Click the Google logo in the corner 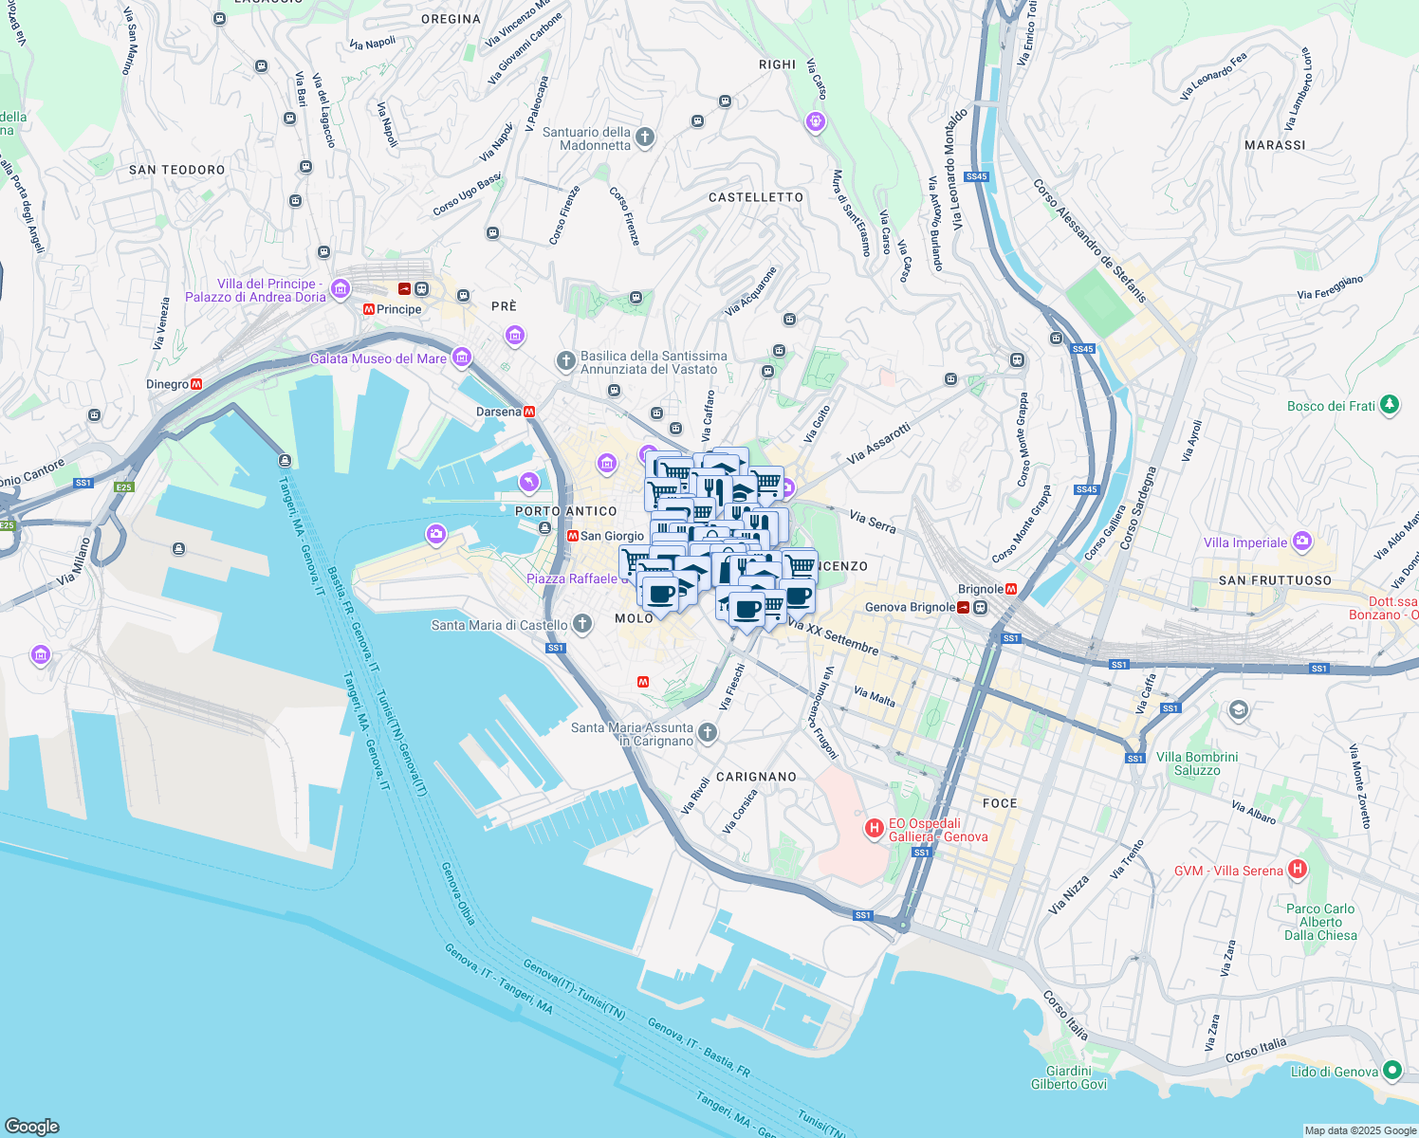click(32, 1126)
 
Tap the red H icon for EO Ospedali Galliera click(874, 829)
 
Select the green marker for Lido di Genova click(1391, 1071)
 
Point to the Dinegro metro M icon click(196, 384)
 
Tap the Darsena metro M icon click(529, 412)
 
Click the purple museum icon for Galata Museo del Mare click(462, 358)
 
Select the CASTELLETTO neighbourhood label click(756, 197)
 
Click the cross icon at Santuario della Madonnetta click(645, 138)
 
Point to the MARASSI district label click(1275, 145)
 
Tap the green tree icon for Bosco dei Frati click(1390, 405)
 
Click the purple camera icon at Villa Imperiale click(1302, 541)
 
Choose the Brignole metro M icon click(1011, 589)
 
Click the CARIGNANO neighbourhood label click(756, 777)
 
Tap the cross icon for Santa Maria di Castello click(582, 624)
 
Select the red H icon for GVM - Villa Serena click(1298, 869)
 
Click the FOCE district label click(1000, 803)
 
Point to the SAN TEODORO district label click(177, 170)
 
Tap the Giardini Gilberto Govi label click(1069, 1077)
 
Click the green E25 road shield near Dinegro click(124, 486)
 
